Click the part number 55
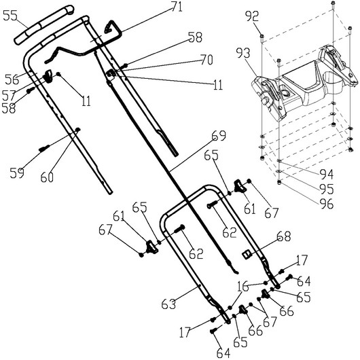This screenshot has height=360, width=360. [x=10, y=16]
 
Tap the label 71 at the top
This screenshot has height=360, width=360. [x=177, y=7]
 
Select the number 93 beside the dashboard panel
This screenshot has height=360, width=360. [x=243, y=53]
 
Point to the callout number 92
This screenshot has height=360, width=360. [x=252, y=16]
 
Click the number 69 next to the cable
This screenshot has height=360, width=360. [x=219, y=135]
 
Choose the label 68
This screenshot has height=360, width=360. [x=283, y=236]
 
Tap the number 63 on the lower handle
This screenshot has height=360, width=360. [x=168, y=304]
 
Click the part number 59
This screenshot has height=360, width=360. [x=17, y=173]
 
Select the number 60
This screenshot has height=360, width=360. [x=47, y=177]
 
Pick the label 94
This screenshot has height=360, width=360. [x=327, y=175]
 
